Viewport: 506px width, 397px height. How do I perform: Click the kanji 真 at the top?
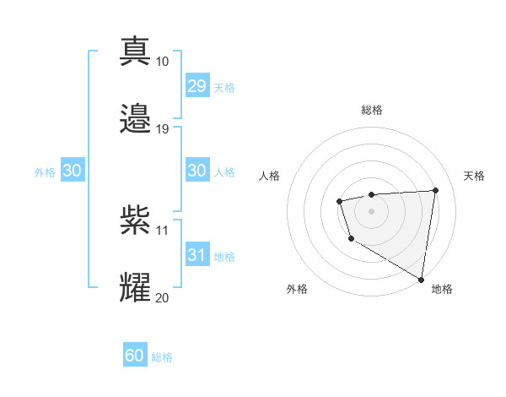tap(136, 52)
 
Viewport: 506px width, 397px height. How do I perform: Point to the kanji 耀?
tap(136, 288)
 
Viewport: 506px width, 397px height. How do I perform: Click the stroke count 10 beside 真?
tap(162, 62)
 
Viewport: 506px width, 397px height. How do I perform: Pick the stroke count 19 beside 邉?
tap(162, 129)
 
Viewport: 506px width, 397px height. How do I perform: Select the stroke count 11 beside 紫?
tap(162, 230)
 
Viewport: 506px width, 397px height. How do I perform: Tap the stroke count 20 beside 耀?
tap(162, 297)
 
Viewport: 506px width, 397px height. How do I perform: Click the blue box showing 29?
tap(197, 86)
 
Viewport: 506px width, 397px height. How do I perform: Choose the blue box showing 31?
tap(197, 255)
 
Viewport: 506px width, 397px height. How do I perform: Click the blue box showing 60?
tap(135, 356)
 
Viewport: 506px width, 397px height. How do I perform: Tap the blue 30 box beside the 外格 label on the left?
tap(73, 171)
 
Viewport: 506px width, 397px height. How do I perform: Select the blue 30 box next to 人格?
tap(197, 171)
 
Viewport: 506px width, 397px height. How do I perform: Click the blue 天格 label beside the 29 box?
tap(224, 88)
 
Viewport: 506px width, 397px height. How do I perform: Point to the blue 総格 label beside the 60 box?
tap(162, 357)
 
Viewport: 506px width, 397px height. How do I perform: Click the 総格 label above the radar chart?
tap(371, 110)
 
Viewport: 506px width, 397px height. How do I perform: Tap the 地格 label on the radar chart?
tap(442, 290)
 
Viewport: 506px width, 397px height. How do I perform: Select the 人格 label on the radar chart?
tap(270, 176)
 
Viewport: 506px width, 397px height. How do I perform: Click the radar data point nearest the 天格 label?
tap(435, 190)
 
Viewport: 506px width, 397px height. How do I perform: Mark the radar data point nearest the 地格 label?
tap(421, 279)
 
